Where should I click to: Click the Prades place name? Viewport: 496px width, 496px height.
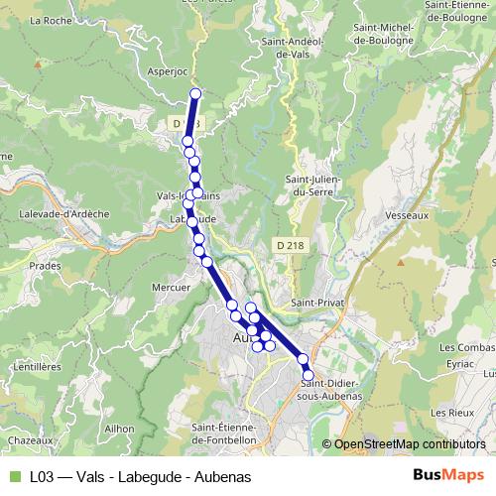[x=45, y=266]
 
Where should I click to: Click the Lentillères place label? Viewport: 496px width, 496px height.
[x=39, y=366]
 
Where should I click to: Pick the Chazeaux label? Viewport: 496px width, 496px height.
[x=30, y=438]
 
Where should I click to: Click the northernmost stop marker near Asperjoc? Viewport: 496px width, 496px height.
[x=195, y=94]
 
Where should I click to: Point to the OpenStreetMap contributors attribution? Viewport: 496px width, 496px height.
[x=410, y=443]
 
